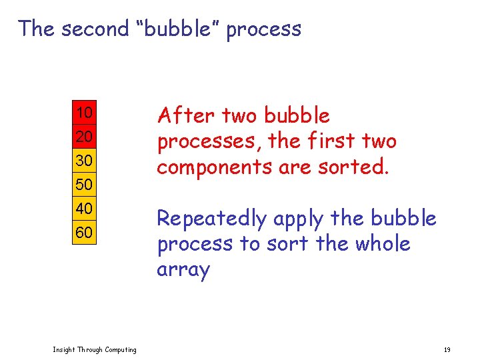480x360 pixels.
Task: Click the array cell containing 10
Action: click(84, 113)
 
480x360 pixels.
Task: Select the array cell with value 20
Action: click(84, 137)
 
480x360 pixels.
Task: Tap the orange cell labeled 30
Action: click(84, 161)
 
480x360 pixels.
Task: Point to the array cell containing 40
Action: click(84, 209)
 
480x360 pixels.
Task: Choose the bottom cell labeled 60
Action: click(84, 233)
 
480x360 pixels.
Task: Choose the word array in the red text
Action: click(183, 270)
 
